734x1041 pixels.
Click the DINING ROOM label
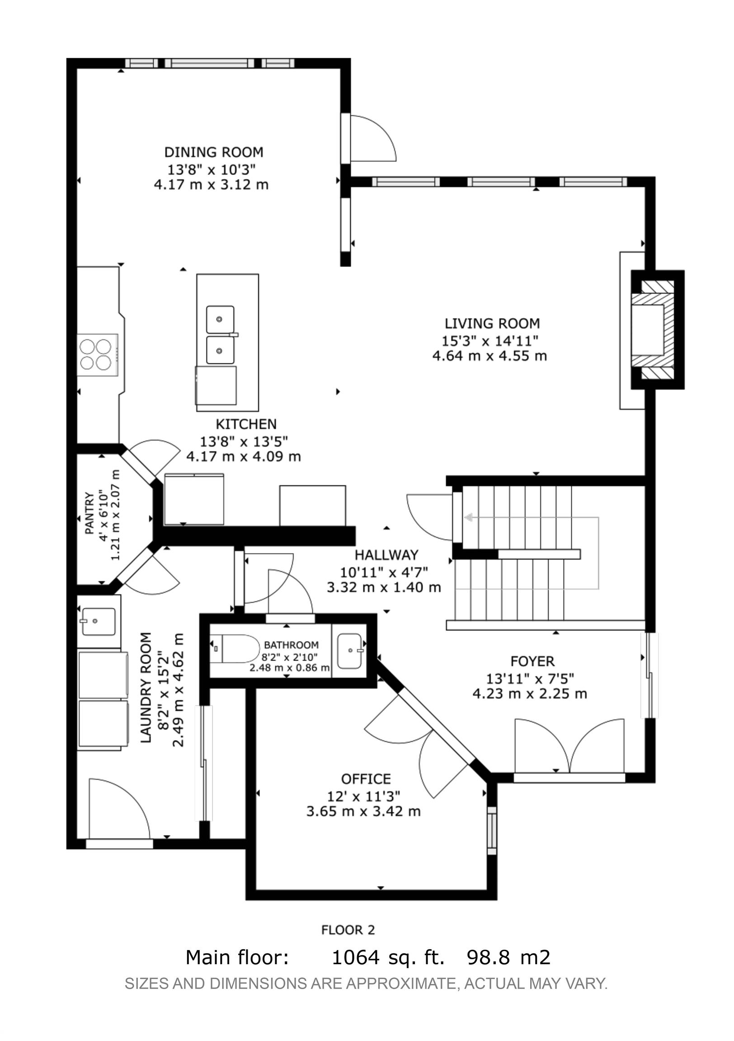(214, 152)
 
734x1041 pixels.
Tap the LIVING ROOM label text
(492, 323)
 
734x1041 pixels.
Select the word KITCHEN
(246, 424)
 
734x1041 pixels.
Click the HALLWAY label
(386, 554)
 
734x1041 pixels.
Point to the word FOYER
(532, 661)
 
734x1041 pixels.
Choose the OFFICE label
(366, 779)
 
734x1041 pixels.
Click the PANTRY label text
(89, 513)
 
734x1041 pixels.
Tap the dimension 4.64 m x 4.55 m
(490, 356)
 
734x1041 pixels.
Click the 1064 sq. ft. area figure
(388, 957)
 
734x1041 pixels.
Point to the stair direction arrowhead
(468, 517)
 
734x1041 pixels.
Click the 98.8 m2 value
(508, 957)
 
